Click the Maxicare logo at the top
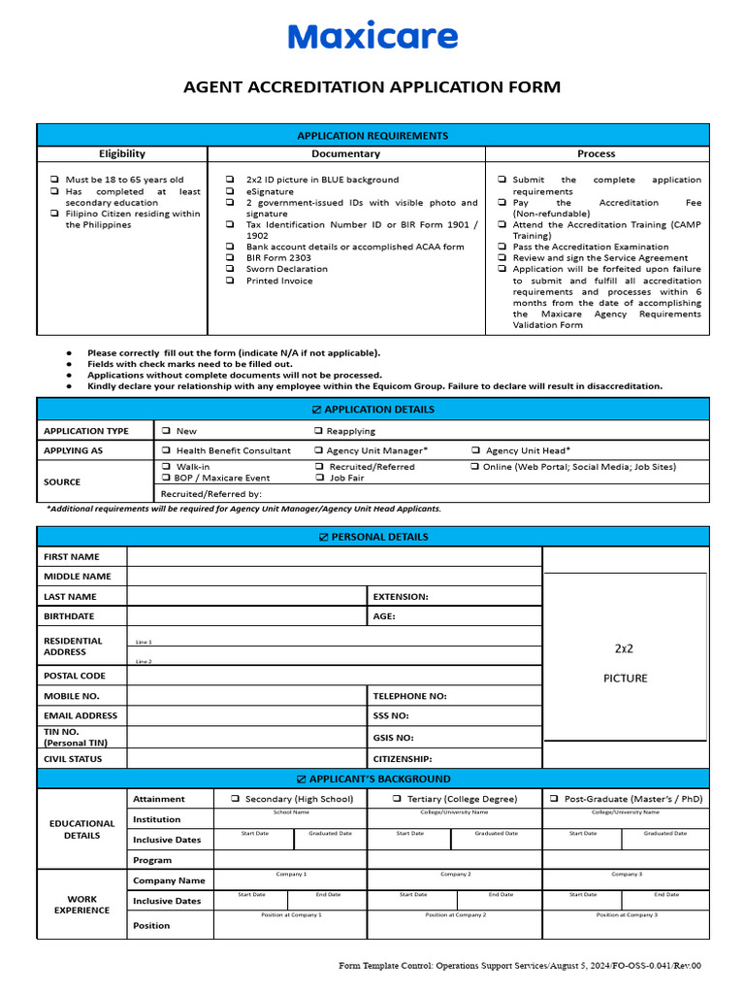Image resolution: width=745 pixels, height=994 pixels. tap(372, 37)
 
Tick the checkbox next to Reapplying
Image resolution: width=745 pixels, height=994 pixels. tap(318, 431)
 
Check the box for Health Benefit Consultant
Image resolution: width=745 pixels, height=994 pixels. tap(167, 450)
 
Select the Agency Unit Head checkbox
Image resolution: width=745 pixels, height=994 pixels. tap(476, 450)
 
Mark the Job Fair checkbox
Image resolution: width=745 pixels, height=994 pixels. tap(320, 478)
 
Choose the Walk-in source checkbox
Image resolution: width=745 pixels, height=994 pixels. tap(167, 467)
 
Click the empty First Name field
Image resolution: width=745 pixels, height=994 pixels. tap(333, 556)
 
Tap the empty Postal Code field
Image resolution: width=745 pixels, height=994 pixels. tap(333, 676)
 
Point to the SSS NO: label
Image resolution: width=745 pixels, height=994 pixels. tap(391, 715)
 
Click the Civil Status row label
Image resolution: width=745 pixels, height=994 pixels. tap(73, 759)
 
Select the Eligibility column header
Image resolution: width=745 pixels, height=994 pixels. tap(122, 153)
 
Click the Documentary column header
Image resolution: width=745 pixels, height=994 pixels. tap(345, 153)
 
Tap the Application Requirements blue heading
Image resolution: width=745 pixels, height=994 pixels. tap(372, 136)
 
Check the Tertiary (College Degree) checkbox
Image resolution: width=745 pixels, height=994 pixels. tap(398, 799)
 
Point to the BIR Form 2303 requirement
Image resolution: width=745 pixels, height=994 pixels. tap(278, 258)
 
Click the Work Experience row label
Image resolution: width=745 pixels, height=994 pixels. tap(81, 904)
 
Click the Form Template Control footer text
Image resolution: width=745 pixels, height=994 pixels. tap(519, 966)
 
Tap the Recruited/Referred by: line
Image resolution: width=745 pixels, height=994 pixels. tap(198, 494)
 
